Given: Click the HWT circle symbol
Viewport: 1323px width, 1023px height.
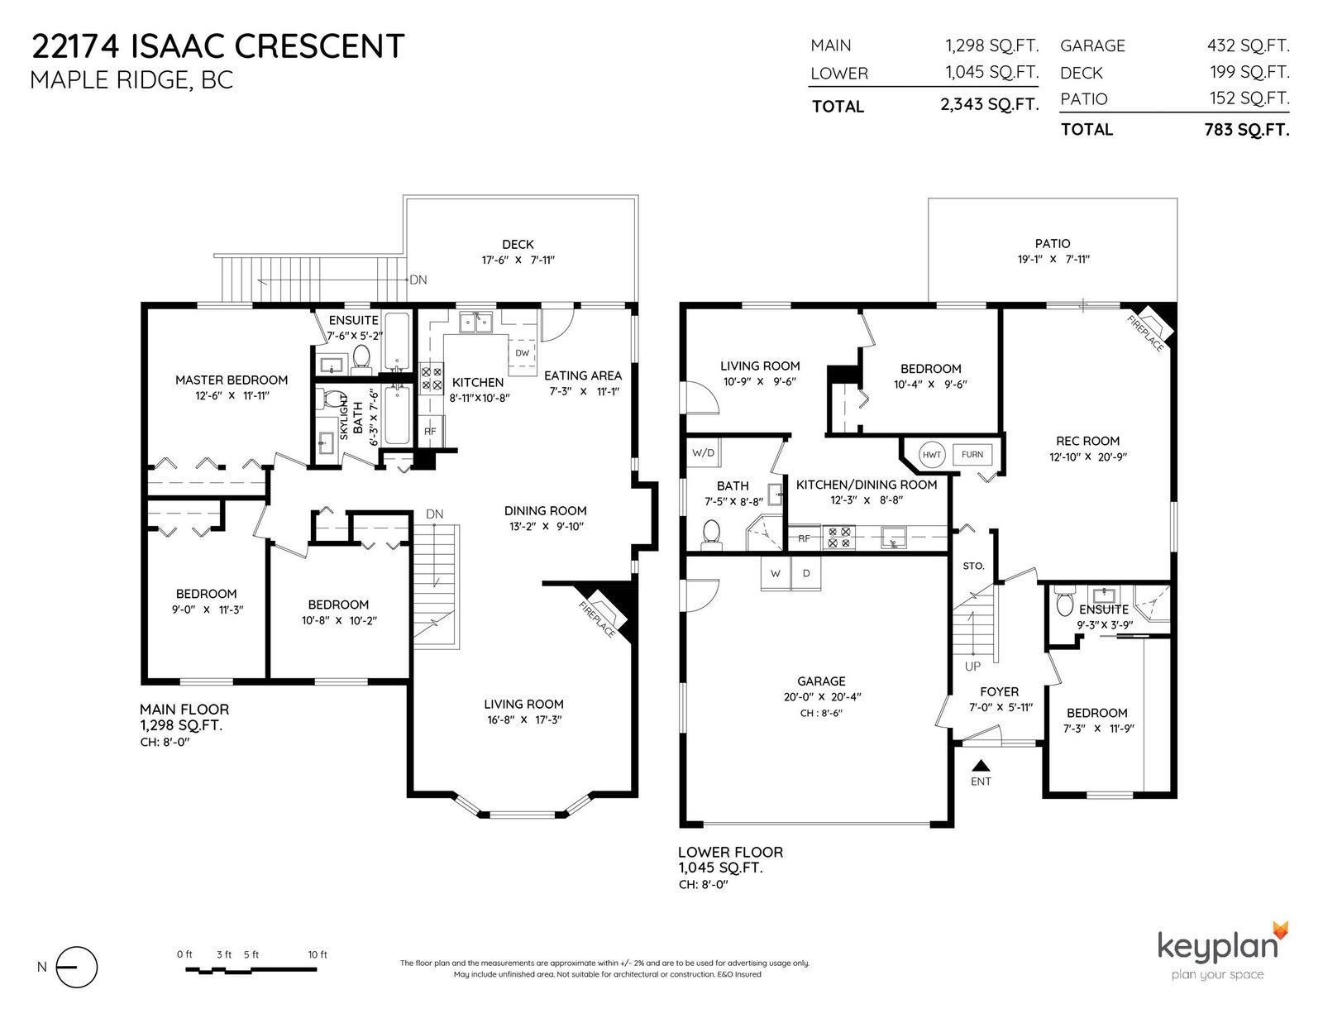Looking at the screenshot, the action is coord(931,455).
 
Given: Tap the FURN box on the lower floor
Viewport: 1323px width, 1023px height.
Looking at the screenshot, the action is coord(972,454).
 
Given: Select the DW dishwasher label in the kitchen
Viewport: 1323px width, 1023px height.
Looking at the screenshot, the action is coord(523,353).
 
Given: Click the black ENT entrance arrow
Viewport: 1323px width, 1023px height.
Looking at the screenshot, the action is coord(981,766).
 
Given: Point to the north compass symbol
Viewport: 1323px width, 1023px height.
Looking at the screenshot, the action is coord(77,967).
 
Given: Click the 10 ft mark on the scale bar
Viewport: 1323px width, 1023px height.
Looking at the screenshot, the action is coord(318,955).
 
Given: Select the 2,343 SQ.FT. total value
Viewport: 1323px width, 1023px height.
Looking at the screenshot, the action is coord(990,105).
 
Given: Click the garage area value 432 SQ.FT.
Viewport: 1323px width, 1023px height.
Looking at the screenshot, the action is coord(1248,45).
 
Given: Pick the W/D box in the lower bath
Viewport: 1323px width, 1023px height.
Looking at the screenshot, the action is coord(703,453).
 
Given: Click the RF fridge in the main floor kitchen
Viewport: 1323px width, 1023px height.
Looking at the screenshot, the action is coord(430,431).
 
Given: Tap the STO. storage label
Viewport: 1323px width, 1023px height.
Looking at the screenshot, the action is coord(973,566).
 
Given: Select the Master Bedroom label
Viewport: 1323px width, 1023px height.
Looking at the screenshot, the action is coord(232,380).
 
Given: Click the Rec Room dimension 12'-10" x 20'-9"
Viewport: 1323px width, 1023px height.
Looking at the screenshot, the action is coord(1088,457).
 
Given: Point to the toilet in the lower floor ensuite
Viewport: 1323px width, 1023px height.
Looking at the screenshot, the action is coord(1064,601).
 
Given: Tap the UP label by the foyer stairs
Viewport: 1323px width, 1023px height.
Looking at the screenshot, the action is coord(972,667).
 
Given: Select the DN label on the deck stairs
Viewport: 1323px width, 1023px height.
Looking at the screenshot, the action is coord(418,280).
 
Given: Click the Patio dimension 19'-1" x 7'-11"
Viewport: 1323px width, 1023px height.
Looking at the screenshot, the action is coord(1053,260).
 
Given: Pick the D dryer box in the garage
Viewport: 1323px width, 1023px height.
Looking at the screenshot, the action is coord(806,574).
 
